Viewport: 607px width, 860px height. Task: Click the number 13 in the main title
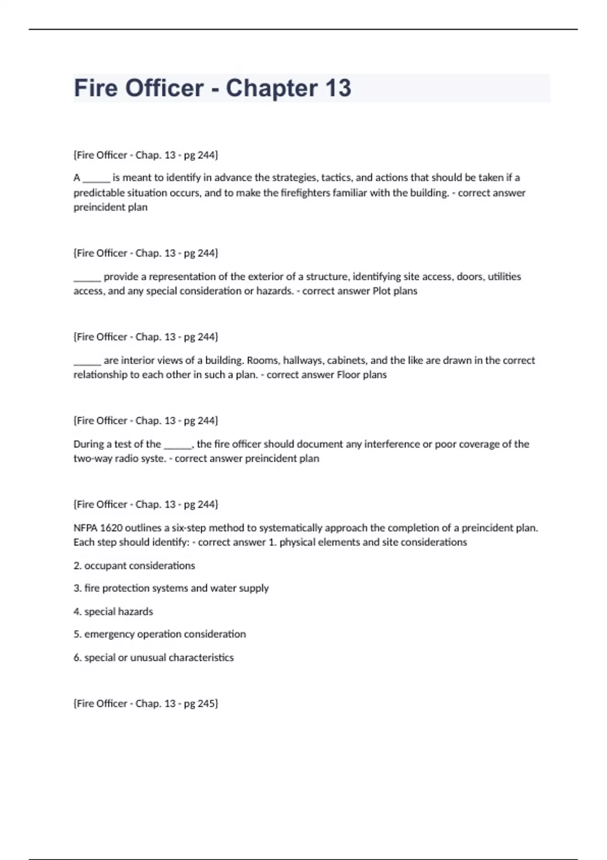tap(338, 88)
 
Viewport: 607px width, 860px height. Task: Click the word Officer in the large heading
tap(164, 88)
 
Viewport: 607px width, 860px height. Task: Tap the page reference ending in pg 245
tap(146, 703)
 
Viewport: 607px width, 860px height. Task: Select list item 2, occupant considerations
tap(134, 566)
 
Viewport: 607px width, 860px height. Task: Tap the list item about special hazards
tap(113, 612)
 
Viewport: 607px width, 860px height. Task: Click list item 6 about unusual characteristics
tap(153, 658)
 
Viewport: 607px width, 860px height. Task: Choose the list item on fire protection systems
tap(171, 588)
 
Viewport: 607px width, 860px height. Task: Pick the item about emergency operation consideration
tap(159, 634)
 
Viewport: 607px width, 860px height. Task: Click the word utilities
tap(504, 277)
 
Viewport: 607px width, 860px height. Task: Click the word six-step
tap(189, 528)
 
